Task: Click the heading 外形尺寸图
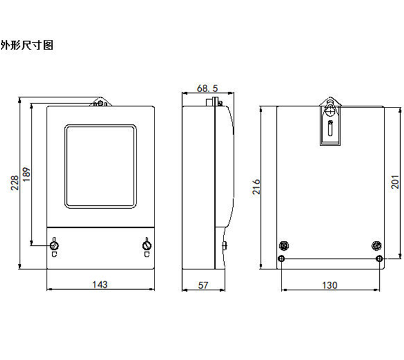[27, 45]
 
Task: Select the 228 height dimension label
[15, 183]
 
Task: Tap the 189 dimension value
[26, 174]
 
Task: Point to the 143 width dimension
[100, 285]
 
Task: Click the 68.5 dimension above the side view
[207, 88]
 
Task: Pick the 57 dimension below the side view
[203, 285]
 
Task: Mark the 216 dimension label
[256, 187]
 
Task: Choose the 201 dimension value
[395, 182]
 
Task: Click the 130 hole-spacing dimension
[330, 285]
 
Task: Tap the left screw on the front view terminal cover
[55, 245]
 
